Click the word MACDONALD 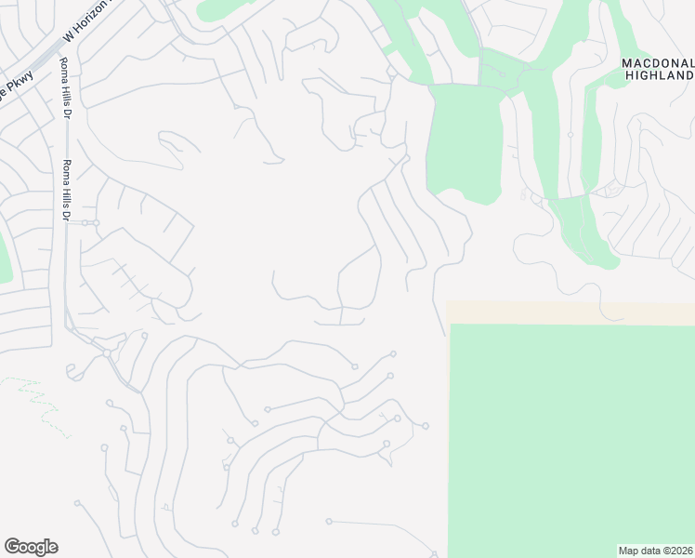point(657,62)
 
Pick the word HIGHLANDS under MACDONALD point(659,74)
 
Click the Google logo point(31,547)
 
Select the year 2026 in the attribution point(679,550)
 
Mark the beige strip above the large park point(570,312)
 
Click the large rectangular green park point(571,437)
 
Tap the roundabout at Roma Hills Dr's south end point(107,353)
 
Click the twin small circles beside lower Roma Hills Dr point(89,223)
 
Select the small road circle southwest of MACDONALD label point(570,134)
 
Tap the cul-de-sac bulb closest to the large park point(426,426)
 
